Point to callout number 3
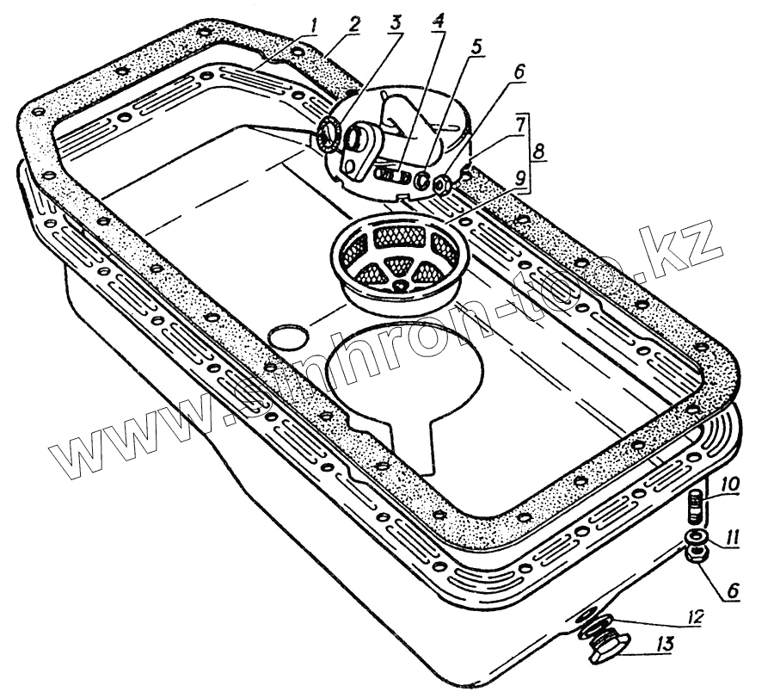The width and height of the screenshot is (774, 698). (x=397, y=23)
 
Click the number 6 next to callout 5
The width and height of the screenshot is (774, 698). (x=518, y=76)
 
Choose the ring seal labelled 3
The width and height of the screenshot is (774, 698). (x=329, y=134)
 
